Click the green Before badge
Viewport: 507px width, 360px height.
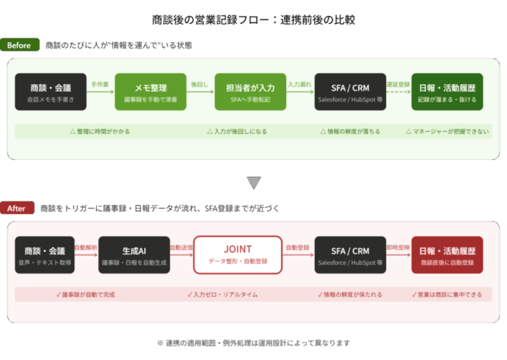[x=20, y=46]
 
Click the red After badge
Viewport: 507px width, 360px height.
[x=17, y=209]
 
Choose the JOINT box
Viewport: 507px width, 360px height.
[x=238, y=254]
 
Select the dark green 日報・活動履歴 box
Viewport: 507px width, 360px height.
[x=447, y=92]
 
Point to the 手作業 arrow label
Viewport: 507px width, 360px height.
[x=100, y=85]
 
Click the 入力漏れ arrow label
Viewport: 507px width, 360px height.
[x=299, y=85]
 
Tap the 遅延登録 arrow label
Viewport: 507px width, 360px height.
[x=398, y=85]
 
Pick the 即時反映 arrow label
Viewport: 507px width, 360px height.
[x=398, y=247]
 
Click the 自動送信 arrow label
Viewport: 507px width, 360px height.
[x=181, y=247]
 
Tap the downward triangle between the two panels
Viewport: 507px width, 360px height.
[x=253, y=183]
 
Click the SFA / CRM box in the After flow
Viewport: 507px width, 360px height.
[x=351, y=254]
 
